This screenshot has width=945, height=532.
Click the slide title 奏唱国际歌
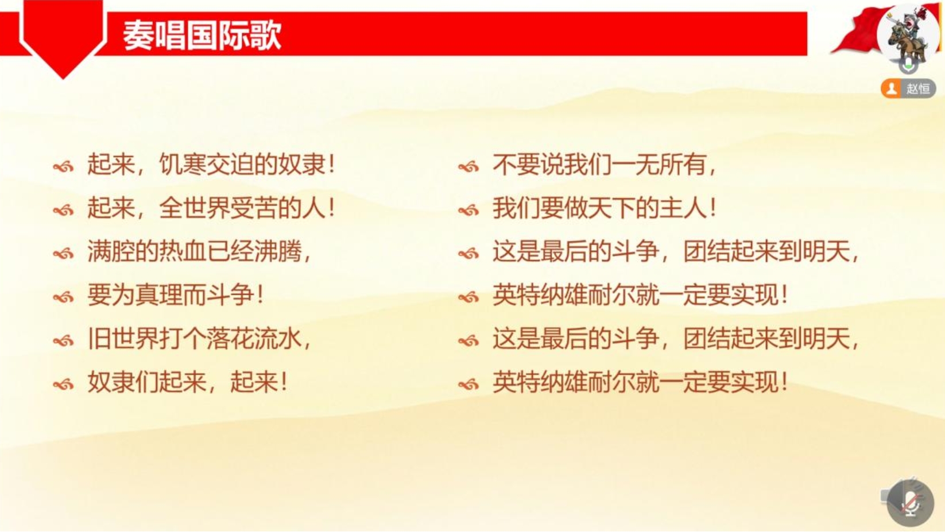(x=202, y=36)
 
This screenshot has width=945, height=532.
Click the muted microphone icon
(x=910, y=503)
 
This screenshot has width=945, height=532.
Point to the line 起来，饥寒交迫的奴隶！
(x=211, y=165)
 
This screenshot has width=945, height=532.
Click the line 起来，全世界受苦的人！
(x=211, y=208)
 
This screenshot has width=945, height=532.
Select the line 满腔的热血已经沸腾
(x=199, y=251)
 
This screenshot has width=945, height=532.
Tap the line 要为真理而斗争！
(x=175, y=295)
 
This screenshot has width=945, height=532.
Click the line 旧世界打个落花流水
(x=199, y=339)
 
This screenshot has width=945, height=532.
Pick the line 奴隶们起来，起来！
(x=187, y=382)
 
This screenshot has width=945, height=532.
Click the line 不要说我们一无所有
(x=604, y=165)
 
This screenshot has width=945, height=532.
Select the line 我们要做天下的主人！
(x=604, y=208)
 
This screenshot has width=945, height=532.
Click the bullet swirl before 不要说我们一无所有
(x=468, y=167)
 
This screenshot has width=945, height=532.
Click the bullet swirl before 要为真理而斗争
(x=64, y=297)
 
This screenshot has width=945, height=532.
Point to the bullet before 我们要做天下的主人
(x=468, y=211)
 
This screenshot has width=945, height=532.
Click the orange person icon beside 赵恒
(x=891, y=88)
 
